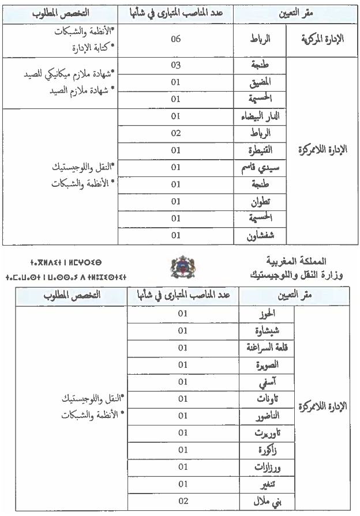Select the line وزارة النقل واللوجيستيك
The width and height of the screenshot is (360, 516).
click(x=275, y=276)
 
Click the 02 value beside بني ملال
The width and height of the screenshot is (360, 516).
click(x=183, y=501)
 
